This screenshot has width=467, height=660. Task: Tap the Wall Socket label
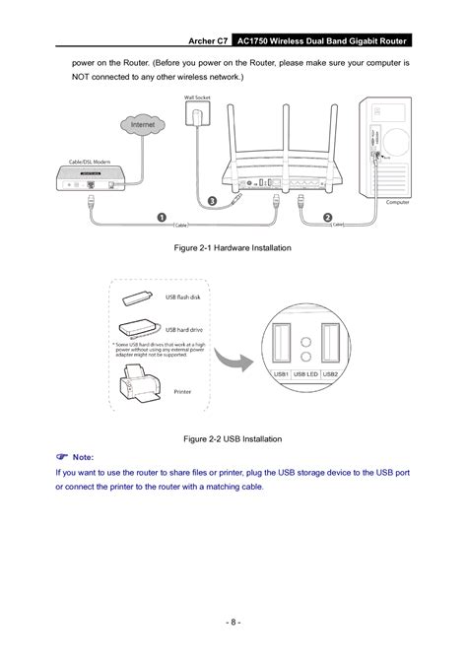tap(198, 98)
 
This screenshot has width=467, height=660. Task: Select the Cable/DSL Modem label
tap(89, 160)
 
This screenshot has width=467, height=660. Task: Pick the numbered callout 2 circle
tap(327, 216)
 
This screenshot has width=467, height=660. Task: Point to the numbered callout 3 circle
tap(212, 200)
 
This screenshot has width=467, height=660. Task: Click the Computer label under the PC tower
tap(397, 201)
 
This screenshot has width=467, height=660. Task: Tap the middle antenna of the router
tap(284, 128)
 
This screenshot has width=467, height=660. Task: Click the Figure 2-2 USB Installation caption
tap(233, 434)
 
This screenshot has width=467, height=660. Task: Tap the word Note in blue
tap(87, 456)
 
